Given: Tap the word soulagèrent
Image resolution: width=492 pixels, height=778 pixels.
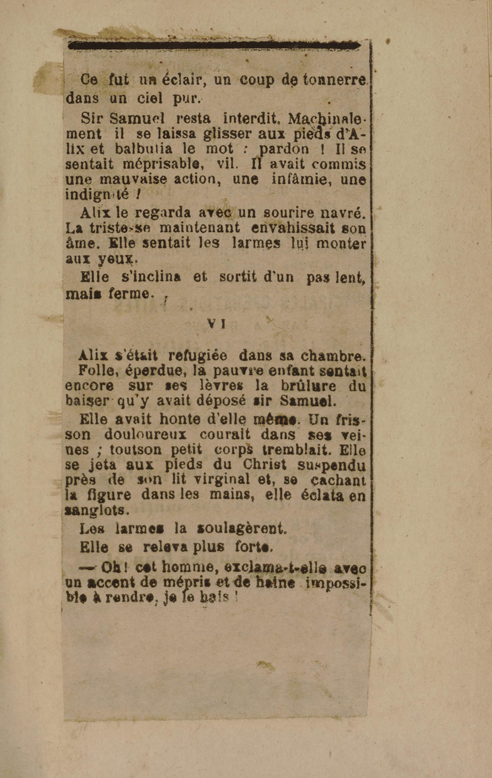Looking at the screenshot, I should point(242,528).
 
